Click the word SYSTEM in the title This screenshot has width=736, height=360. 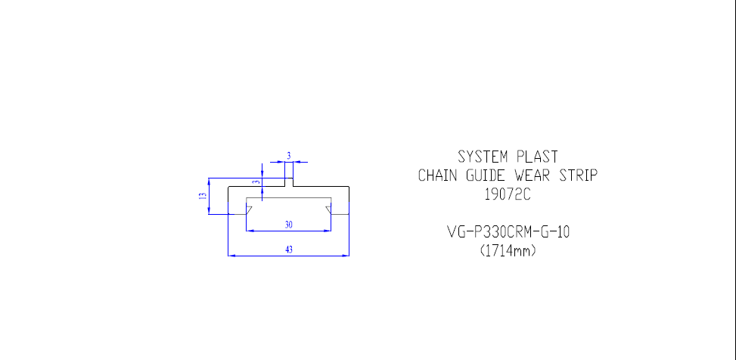click(483, 157)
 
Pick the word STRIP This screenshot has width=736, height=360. click(579, 175)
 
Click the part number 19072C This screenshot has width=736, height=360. click(508, 194)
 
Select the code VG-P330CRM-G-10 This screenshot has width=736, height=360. click(508, 232)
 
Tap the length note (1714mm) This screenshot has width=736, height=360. click(508, 251)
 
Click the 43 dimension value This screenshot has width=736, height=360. click(289, 250)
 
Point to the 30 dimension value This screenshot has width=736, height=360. click(289, 225)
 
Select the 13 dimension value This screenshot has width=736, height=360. click(203, 196)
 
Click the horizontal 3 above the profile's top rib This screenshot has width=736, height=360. click(289, 156)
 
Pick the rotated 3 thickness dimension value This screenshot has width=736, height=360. click(256, 182)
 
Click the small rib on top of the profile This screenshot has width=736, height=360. click(289, 182)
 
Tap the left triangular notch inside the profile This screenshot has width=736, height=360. click(249, 209)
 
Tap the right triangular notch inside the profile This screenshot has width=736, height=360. click(328, 209)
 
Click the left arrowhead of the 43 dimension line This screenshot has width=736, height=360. click(231, 256)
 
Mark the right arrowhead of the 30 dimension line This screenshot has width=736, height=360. click(328, 231)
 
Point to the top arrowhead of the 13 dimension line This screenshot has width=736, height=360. click(209, 182)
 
